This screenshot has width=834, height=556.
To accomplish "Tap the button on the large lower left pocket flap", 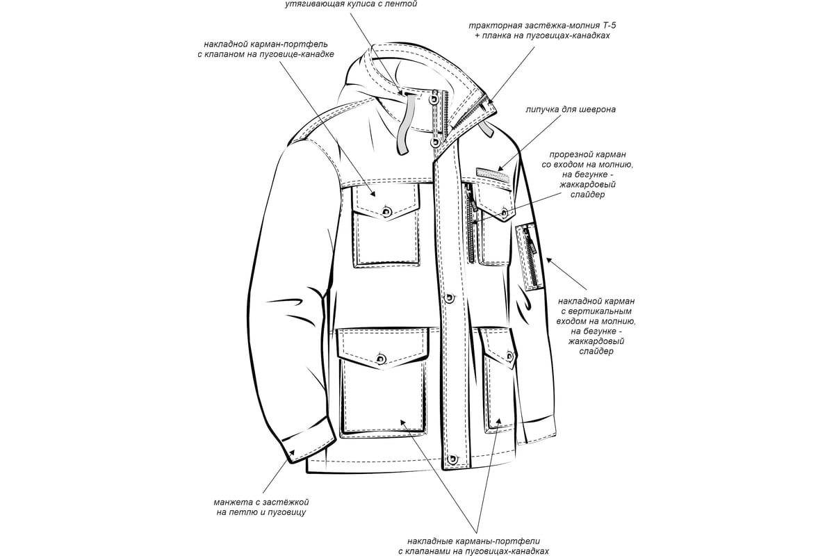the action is pyautogui.click(x=381, y=359).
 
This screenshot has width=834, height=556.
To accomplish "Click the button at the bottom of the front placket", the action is pyautogui.click(x=452, y=459).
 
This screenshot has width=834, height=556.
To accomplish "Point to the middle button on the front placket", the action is pyautogui.click(x=450, y=297).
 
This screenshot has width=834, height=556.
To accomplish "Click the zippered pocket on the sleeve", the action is pyautogui.click(x=530, y=256).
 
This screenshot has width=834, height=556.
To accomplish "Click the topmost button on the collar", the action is pyautogui.click(x=434, y=99).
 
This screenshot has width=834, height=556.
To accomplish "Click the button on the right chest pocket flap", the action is pyautogui.click(x=504, y=213).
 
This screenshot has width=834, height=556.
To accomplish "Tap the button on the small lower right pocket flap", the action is pyautogui.click(x=510, y=356).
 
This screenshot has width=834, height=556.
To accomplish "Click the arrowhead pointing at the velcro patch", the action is pyautogui.click(x=501, y=167).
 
